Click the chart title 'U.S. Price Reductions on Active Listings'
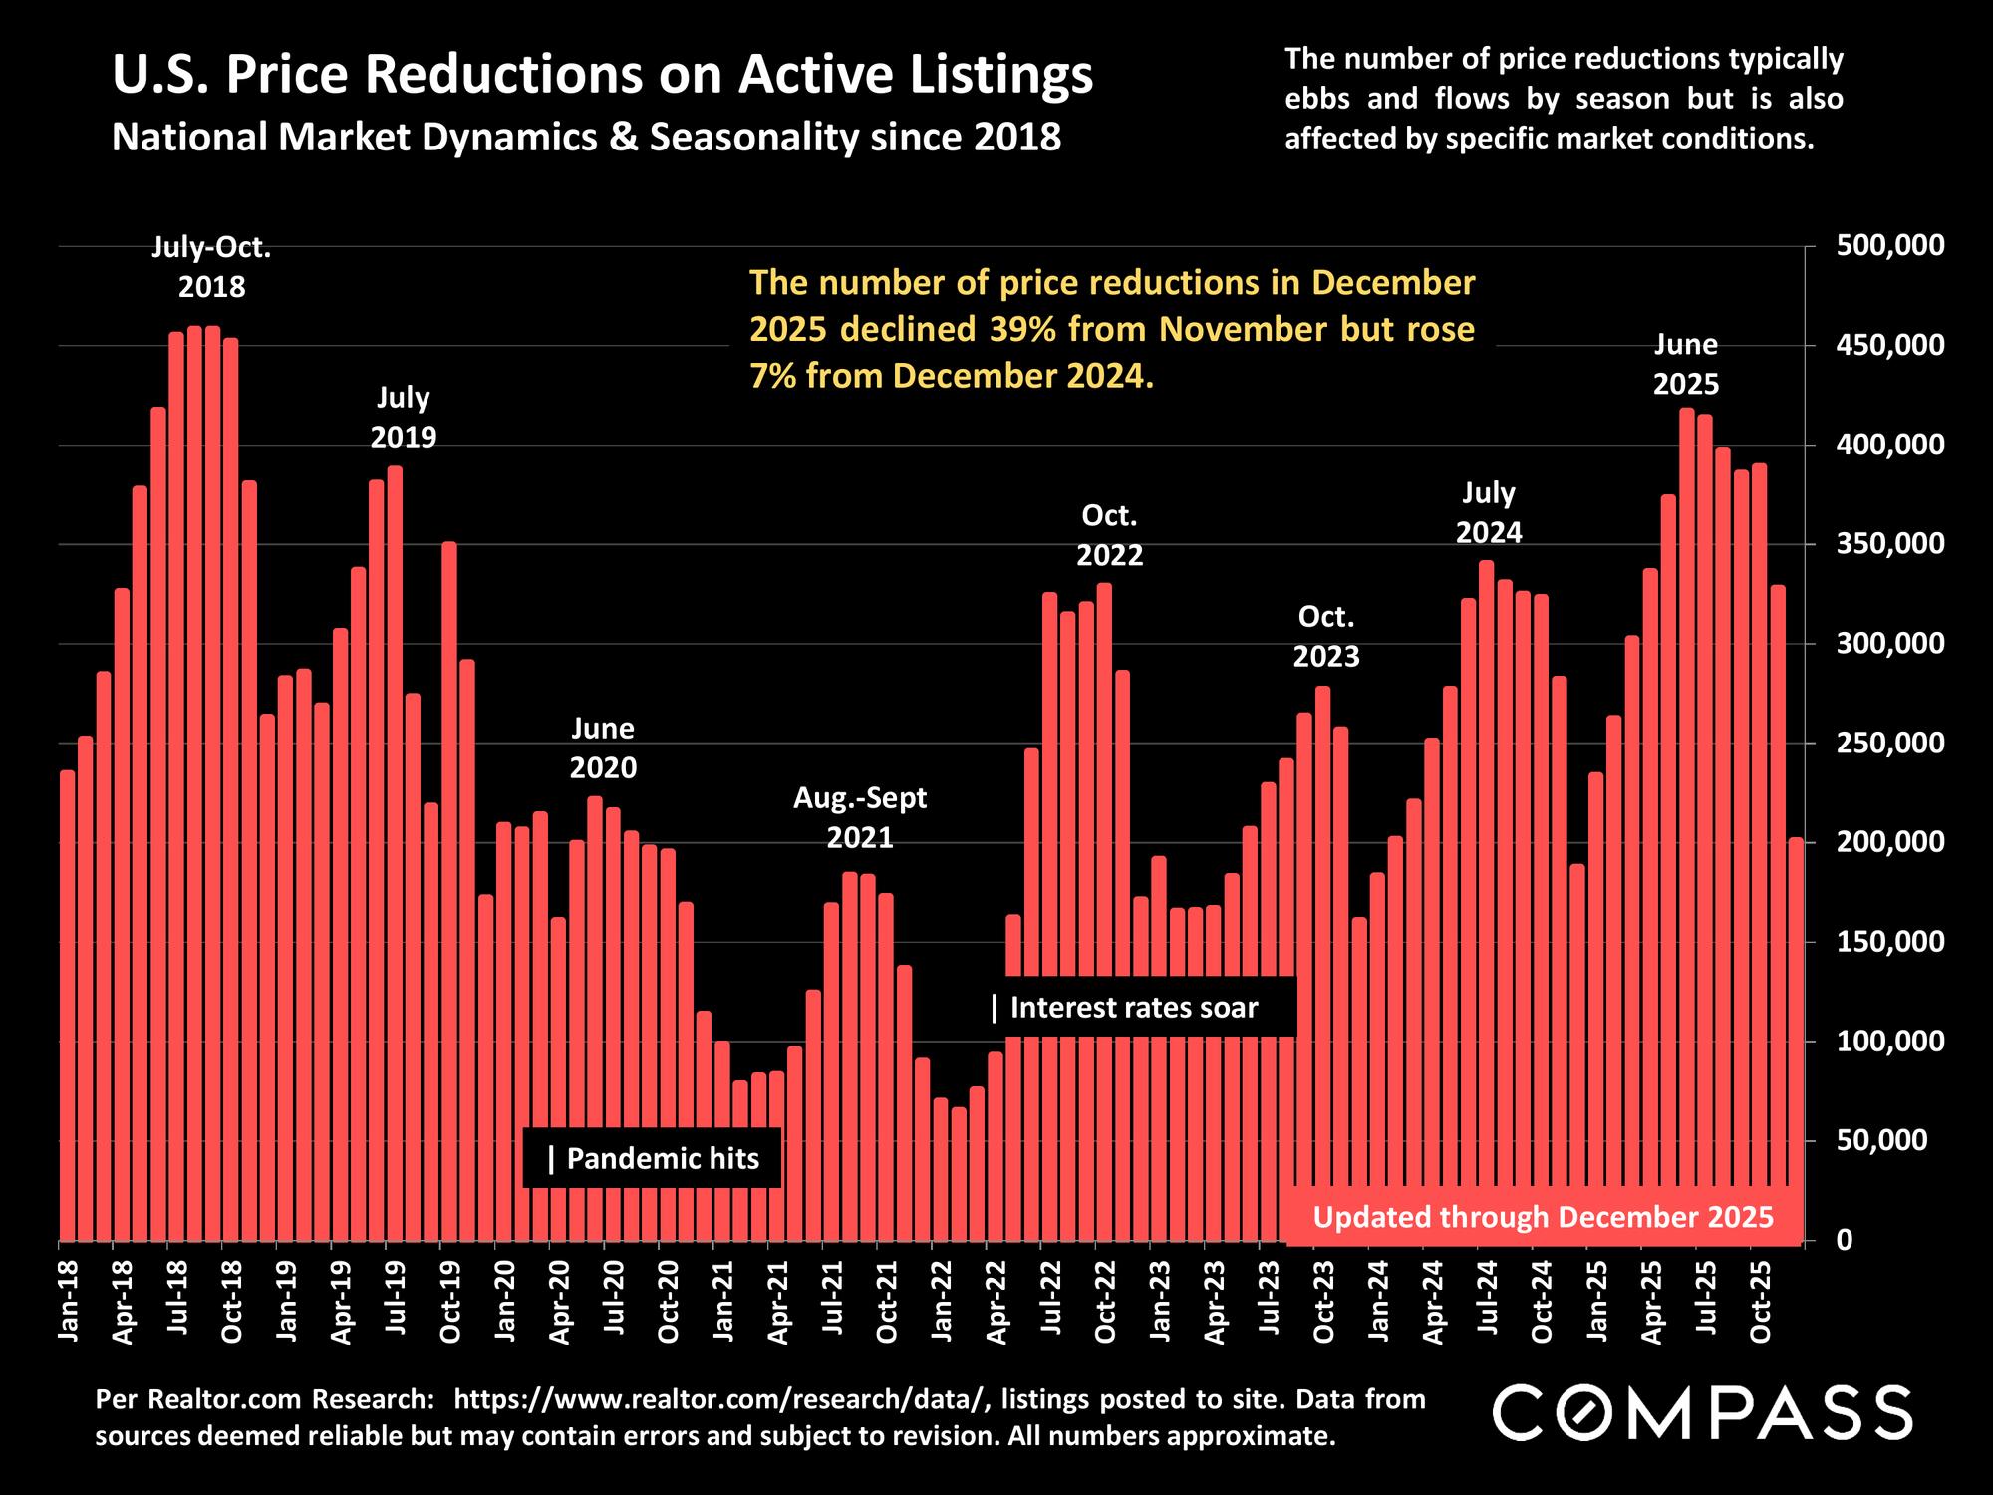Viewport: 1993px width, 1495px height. point(602,77)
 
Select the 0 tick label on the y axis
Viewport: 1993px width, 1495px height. point(1846,1240)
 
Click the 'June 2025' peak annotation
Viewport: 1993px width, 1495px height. point(1686,365)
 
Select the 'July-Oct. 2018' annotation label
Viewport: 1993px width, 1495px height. point(211,267)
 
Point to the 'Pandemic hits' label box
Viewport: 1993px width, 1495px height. point(654,1158)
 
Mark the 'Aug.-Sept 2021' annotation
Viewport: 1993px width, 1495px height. point(860,817)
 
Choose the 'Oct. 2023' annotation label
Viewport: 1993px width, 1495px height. point(1325,637)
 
